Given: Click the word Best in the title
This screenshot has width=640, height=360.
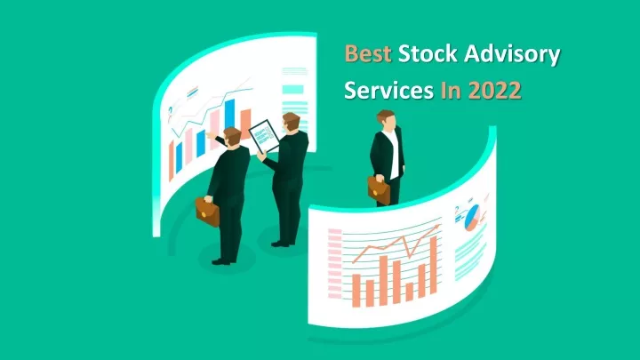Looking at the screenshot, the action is click(x=368, y=54).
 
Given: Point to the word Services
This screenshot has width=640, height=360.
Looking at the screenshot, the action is click(x=388, y=90).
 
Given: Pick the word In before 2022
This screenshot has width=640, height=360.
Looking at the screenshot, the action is click(x=451, y=90).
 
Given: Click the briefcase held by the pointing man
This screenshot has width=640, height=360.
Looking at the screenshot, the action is click(x=207, y=212).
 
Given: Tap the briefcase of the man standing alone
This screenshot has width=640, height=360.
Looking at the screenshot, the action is click(x=379, y=190).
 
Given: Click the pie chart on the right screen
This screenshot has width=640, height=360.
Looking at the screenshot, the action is click(x=472, y=217).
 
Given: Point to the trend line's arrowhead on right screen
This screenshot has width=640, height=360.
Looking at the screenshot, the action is click(x=437, y=226).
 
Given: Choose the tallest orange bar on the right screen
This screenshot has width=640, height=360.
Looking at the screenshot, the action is click(x=434, y=265).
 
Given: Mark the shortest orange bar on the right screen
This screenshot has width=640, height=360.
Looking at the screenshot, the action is click(x=410, y=292).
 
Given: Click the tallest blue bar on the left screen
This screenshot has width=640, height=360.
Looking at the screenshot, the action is click(x=230, y=115).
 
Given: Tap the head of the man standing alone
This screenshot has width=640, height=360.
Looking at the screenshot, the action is click(x=387, y=120).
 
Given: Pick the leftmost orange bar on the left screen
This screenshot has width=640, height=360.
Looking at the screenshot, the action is click(x=172, y=161).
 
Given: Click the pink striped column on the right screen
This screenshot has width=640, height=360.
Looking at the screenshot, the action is click(x=335, y=264).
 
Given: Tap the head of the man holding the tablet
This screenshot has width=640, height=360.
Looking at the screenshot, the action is click(x=292, y=122).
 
